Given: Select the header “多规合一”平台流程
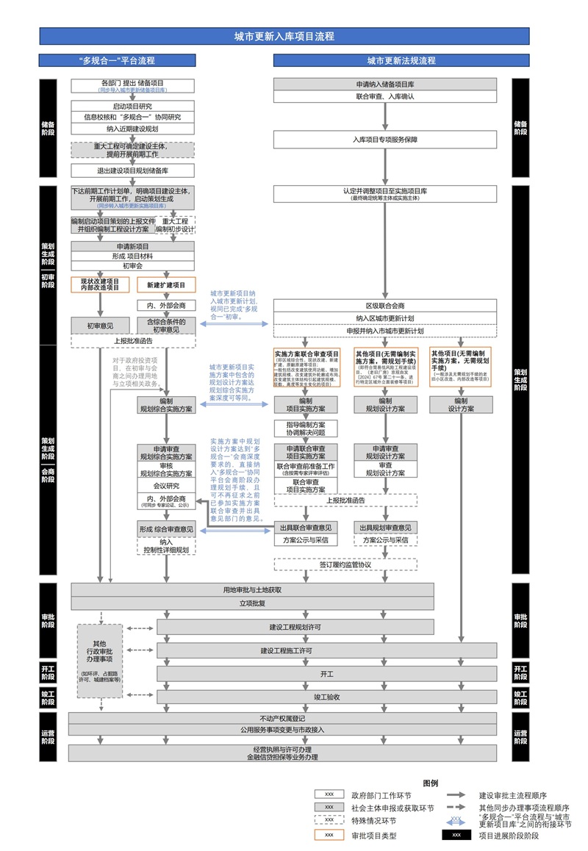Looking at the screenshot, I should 117,60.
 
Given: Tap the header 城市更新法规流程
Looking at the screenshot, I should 401,60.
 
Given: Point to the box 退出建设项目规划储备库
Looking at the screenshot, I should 133,170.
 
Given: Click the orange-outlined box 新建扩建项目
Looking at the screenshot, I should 166,285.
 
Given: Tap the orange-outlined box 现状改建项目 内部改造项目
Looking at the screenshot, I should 100,285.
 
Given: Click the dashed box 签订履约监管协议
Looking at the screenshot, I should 345,564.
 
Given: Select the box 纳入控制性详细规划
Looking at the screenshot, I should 165,545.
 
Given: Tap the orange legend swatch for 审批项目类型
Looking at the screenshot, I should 329,835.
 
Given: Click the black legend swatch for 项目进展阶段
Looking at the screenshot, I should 456,835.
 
